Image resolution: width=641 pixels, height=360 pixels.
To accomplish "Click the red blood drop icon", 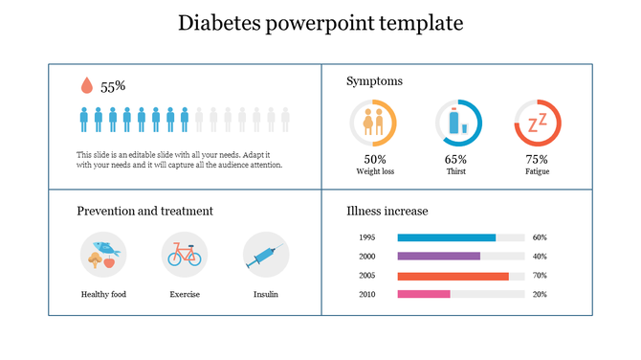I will [87, 86].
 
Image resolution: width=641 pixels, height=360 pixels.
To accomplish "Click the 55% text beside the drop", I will [114, 87].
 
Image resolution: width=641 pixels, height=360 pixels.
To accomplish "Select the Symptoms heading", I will [374, 81].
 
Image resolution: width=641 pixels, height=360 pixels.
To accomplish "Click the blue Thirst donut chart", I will [458, 123].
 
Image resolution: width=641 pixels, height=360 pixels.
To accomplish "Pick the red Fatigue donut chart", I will [538, 123].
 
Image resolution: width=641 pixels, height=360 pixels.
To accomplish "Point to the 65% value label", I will [455, 160].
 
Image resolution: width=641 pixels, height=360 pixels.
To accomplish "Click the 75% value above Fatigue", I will [537, 160].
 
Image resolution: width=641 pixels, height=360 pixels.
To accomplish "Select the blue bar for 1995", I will [446, 237].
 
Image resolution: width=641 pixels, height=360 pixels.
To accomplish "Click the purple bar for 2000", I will [438, 257].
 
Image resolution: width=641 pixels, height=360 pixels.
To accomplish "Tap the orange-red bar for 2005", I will [453, 276].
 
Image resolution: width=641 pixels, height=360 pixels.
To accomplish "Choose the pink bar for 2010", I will [423, 294].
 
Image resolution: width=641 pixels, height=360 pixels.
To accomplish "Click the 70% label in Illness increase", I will [540, 276].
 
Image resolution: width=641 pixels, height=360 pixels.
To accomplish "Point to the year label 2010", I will [366, 294].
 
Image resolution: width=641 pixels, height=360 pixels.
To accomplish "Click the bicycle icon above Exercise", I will [185, 255].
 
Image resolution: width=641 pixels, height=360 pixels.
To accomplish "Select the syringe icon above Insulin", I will [265, 255].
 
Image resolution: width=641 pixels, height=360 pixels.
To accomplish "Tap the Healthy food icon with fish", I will [103, 255].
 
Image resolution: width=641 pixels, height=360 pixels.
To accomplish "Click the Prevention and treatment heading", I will [144, 211].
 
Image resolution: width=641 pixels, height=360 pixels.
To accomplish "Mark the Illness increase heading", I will [387, 211].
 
